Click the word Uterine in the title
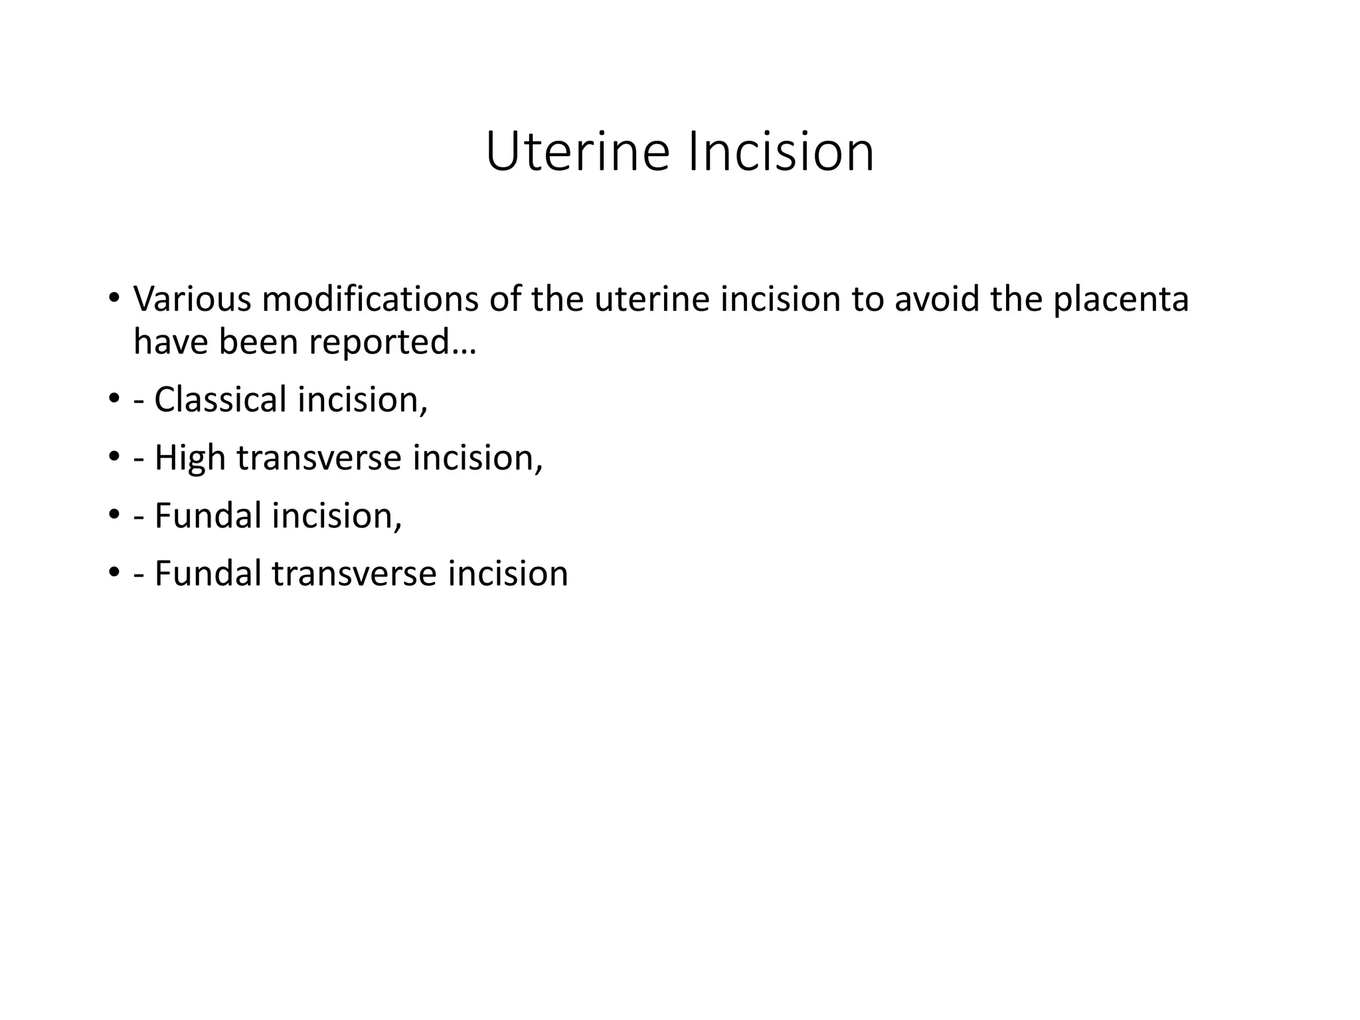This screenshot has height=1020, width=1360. click(577, 152)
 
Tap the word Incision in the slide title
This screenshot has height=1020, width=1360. click(781, 152)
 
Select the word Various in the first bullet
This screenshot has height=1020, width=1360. click(192, 299)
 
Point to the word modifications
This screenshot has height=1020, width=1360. click(370, 299)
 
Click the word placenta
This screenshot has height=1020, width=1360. click(1121, 299)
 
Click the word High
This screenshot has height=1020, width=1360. click(190, 458)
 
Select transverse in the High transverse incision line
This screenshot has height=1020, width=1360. click(319, 458)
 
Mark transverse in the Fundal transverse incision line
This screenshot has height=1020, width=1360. click(354, 574)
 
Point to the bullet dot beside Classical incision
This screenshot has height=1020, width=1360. click(114, 399)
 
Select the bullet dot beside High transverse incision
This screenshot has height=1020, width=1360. click(114, 457)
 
